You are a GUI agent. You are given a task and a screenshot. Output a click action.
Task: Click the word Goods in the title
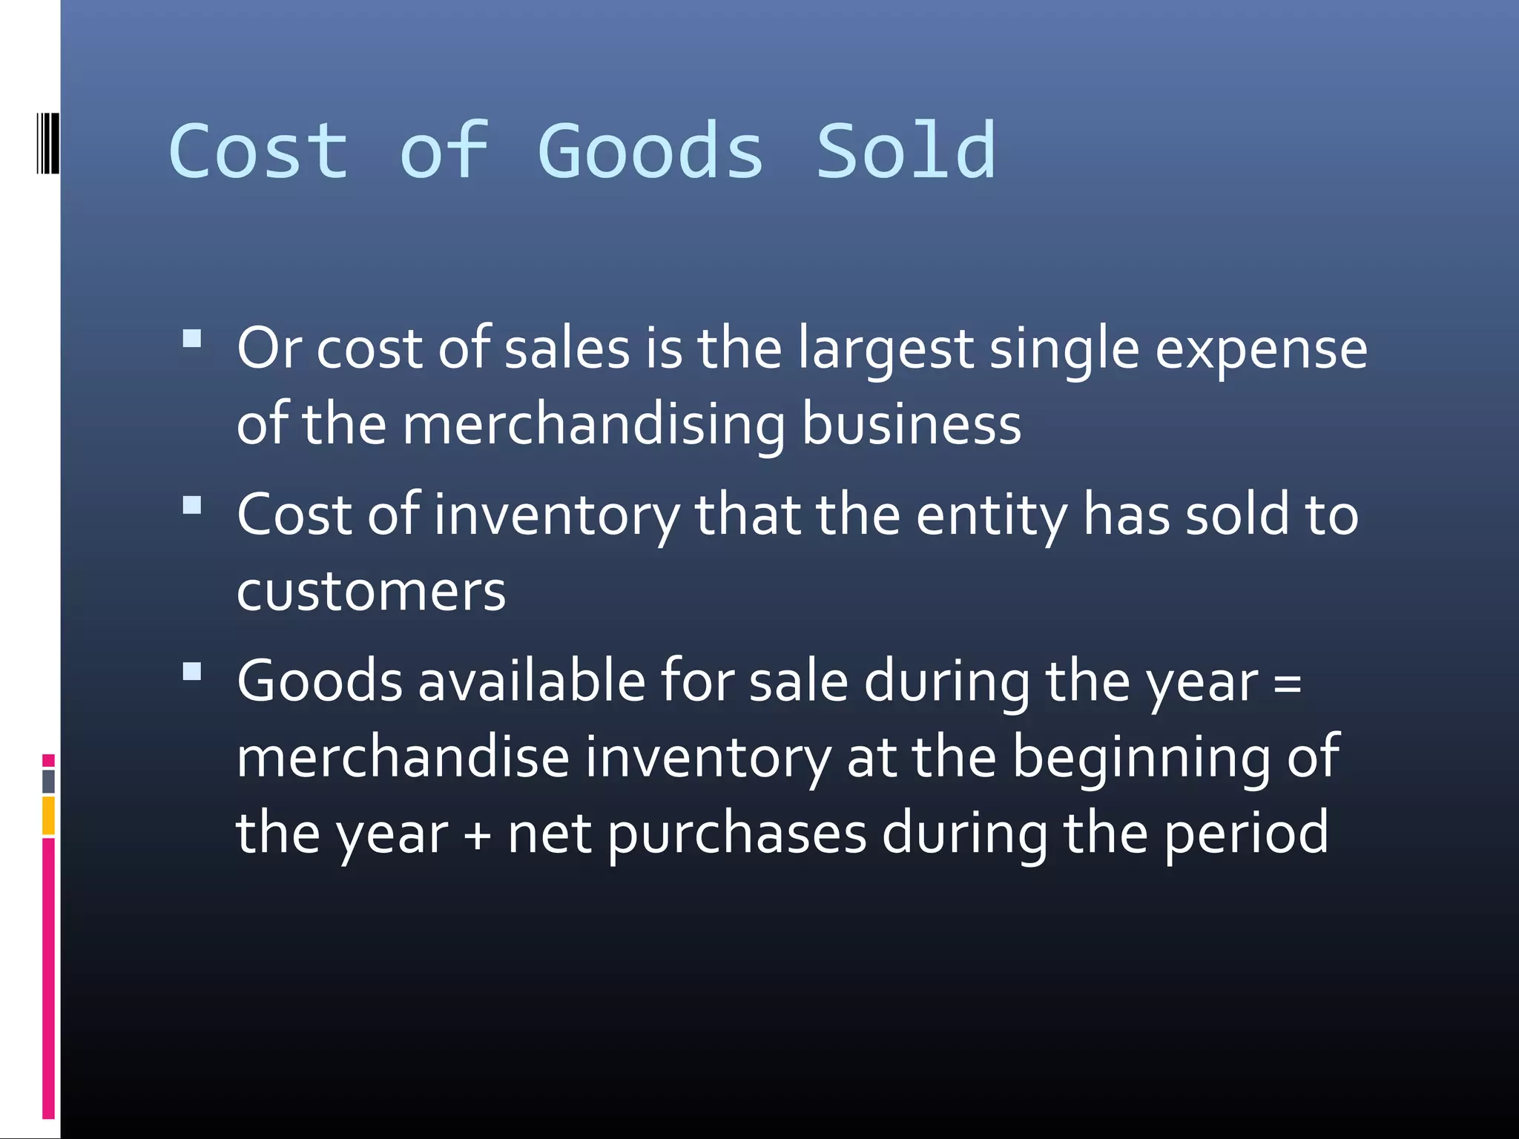[x=650, y=152]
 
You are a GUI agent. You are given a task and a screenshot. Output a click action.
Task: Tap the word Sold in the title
[x=906, y=152]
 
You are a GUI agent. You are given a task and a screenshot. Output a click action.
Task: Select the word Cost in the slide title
[x=258, y=152]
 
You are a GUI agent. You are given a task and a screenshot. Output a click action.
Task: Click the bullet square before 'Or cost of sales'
[x=192, y=339]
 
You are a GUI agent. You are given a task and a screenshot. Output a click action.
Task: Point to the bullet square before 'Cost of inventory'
[x=192, y=505]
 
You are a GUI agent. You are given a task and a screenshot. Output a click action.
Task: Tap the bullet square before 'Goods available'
[x=192, y=672]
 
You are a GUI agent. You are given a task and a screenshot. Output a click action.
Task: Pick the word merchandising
[x=593, y=426]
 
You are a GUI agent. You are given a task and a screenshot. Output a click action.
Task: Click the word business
[x=912, y=426]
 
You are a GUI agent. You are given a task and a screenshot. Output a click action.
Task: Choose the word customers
[x=371, y=592]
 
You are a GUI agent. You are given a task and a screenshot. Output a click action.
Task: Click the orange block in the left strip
[x=48, y=815]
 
